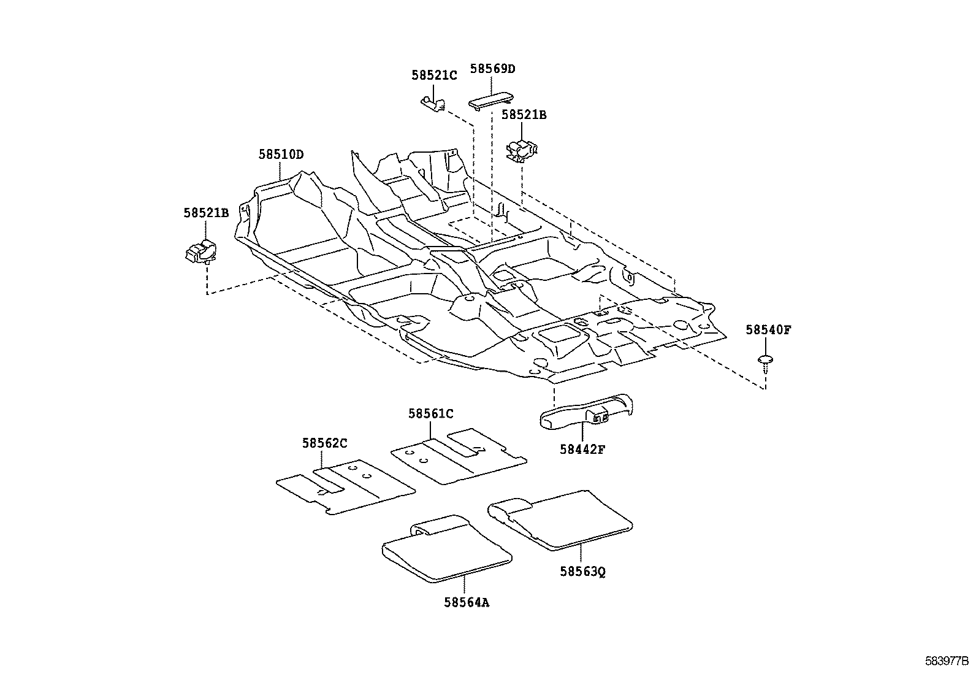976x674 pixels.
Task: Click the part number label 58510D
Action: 280,155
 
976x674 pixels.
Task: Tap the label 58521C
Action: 434,75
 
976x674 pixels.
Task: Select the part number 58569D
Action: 492,69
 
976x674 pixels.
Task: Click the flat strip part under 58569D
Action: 492,99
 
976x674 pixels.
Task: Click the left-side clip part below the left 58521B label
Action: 200,251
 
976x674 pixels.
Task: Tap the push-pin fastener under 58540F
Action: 765,361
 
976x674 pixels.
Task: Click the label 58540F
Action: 768,330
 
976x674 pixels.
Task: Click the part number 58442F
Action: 582,449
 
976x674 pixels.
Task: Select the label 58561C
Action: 430,414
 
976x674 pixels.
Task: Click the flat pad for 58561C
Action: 457,457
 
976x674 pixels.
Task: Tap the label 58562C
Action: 324,443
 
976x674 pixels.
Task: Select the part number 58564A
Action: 467,602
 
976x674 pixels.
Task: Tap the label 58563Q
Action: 582,572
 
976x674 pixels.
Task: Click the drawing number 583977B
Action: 947,662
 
